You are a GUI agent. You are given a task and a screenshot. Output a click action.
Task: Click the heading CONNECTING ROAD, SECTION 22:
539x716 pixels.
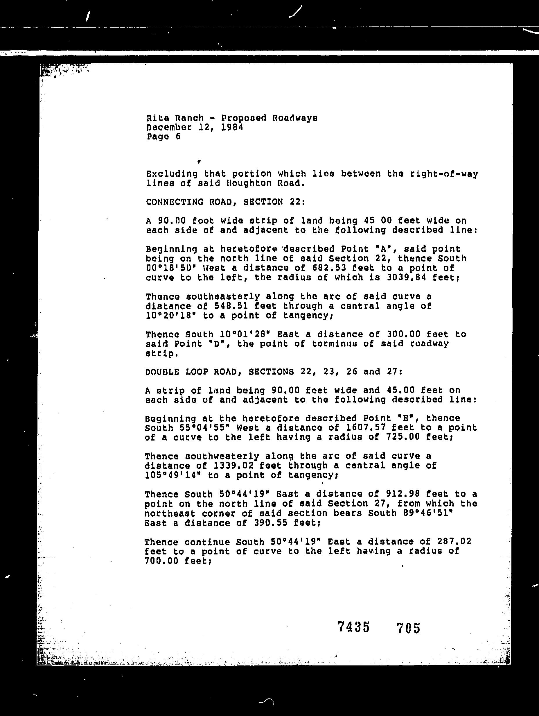click(x=225, y=202)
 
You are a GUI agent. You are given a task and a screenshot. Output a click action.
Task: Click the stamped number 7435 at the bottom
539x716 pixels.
click(x=353, y=627)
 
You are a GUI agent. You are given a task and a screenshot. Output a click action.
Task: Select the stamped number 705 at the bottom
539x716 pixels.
click(x=408, y=628)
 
